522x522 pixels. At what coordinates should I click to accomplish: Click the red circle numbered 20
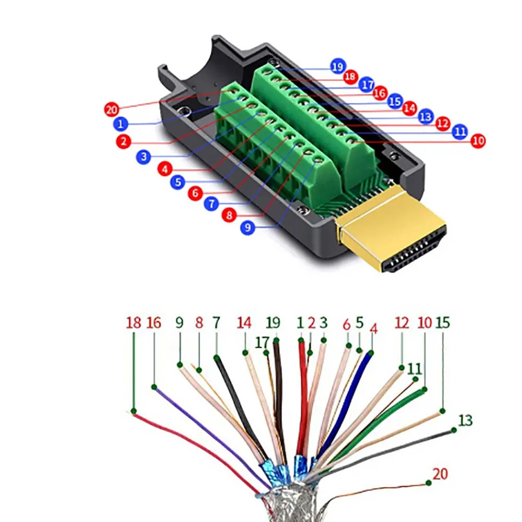111,110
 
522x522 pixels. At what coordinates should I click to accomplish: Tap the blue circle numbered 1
121,124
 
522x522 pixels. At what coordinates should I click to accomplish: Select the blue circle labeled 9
248,228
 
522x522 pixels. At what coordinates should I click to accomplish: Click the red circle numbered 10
478,140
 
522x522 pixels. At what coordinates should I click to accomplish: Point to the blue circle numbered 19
338,66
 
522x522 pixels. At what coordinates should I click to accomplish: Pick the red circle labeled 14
409,108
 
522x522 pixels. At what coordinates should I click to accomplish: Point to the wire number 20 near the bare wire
441,474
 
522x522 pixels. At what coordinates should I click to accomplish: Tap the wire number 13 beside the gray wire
465,420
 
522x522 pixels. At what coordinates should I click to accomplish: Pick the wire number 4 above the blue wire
373,330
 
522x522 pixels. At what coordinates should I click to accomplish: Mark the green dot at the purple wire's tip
154,387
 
